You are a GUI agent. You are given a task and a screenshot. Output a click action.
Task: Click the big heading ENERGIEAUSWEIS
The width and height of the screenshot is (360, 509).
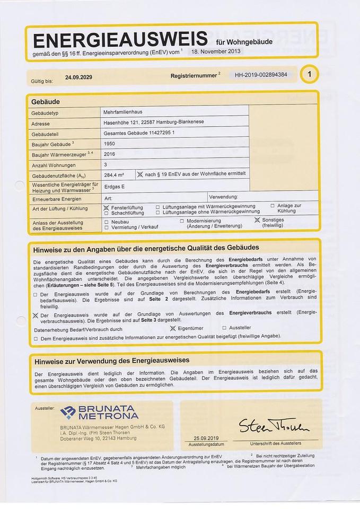click(120, 40)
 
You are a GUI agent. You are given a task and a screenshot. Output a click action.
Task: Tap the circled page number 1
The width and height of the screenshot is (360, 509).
click(309, 75)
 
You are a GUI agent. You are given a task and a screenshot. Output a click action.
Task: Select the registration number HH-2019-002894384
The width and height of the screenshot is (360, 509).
click(261, 75)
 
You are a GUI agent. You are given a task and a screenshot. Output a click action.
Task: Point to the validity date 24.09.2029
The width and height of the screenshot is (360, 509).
click(78, 77)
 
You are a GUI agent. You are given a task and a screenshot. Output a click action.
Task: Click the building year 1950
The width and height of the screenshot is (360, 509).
click(110, 143)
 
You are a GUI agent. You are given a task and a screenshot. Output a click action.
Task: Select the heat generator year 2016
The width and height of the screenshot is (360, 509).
click(110, 154)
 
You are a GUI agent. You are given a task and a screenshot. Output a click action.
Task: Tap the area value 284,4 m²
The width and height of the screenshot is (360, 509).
click(114, 174)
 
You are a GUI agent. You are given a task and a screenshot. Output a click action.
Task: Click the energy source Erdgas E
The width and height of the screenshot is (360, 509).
click(115, 186)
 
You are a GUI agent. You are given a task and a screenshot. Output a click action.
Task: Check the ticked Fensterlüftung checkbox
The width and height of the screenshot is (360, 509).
click(107, 207)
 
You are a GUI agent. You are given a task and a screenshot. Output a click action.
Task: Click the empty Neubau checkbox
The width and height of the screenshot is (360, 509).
click(107, 221)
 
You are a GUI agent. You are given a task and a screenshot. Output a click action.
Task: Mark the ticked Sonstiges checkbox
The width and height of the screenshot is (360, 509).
click(257, 220)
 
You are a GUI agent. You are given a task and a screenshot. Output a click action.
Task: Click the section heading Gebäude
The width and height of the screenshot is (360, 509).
click(46, 101)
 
